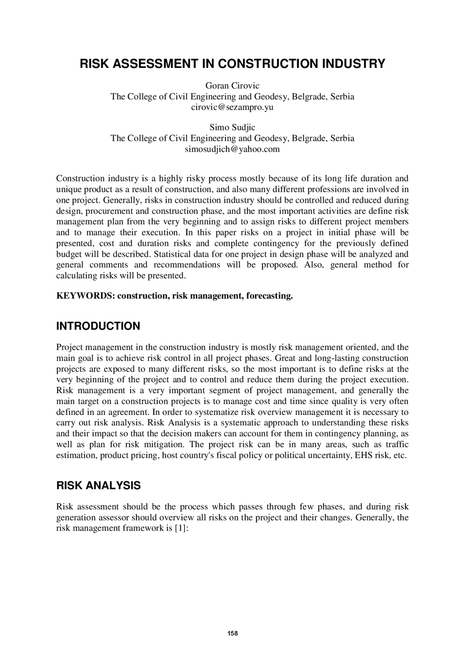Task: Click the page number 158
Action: [232, 633]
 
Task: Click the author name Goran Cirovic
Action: [232, 86]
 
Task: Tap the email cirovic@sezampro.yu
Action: [232, 107]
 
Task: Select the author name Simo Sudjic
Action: [232, 127]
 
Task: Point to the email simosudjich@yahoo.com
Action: [232, 149]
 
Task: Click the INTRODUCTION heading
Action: [98, 326]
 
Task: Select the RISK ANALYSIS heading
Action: [98, 485]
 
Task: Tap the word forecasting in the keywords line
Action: [269, 296]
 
